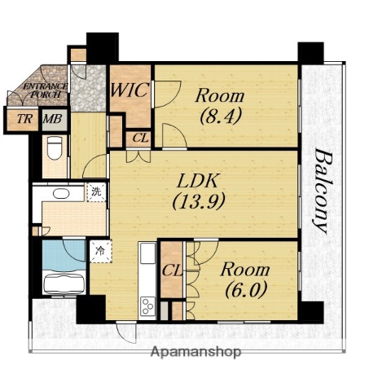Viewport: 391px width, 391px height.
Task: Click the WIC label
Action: click(130, 90)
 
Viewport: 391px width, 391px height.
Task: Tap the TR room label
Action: click(24, 119)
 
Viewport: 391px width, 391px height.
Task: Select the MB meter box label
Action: click(53, 119)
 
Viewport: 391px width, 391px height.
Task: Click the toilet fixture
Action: click(55, 148)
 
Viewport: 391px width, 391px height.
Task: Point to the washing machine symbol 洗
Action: click(96, 191)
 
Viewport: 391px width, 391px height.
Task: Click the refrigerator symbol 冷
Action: click(100, 251)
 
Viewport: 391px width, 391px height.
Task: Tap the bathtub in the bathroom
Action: click(64, 283)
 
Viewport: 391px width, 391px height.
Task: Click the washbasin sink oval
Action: click(61, 194)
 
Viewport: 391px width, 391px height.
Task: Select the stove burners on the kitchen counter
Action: click(147, 306)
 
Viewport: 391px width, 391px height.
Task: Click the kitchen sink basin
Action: click(147, 253)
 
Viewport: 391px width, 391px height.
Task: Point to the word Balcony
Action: click(323, 191)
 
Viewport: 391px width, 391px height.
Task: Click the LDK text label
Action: click(197, 181)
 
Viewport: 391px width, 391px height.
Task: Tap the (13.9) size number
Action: click(199, 202)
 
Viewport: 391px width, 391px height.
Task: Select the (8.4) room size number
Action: click(221, 116)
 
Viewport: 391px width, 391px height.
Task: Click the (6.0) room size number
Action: click(245, 290)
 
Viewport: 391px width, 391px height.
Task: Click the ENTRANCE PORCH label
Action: click(45, 90)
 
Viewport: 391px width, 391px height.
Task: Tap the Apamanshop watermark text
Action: click(195, 352)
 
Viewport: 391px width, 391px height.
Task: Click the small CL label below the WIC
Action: click(141, 138)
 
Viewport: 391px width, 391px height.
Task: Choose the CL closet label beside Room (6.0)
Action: click(172, 270)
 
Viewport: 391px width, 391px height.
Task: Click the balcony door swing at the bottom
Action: click(126, 332)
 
